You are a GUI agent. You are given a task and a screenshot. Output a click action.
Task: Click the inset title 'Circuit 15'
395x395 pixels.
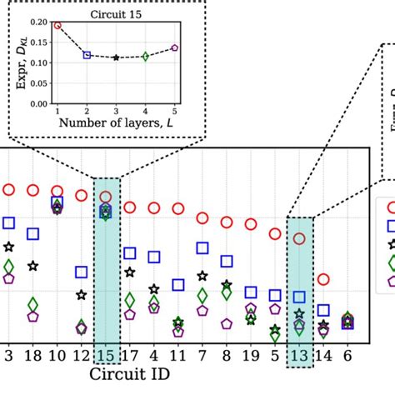117,14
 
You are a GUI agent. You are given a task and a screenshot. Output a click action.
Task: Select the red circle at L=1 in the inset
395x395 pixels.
57,25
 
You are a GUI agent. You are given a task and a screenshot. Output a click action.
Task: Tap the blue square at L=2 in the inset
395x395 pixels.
87,54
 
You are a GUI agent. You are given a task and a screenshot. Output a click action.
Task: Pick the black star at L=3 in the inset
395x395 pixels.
116,57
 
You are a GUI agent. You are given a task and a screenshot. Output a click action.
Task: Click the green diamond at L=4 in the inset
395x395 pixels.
145,56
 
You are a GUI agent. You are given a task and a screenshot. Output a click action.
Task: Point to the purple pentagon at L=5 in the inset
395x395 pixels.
174,47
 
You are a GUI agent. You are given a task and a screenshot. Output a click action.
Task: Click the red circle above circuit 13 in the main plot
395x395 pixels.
300,239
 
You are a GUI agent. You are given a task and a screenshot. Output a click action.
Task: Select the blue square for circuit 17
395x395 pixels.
130,252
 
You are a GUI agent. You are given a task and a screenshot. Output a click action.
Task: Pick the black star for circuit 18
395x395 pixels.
32,266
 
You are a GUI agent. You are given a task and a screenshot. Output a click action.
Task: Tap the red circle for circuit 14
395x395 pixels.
324,279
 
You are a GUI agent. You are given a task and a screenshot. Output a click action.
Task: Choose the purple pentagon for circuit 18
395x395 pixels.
32,316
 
